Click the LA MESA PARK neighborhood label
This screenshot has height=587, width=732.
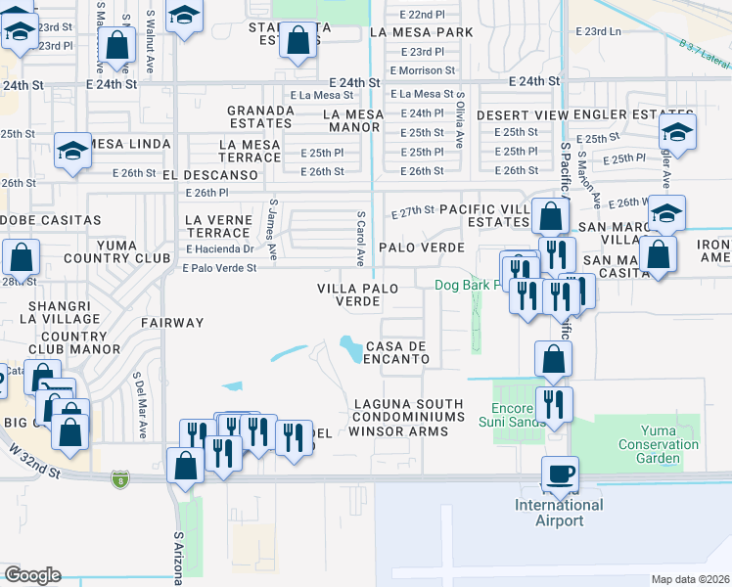tap(421, 32)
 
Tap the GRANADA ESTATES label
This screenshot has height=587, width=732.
tap(260, 117)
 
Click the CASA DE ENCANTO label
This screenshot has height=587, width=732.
tap(397, 353)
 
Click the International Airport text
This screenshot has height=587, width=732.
tap(560, 513)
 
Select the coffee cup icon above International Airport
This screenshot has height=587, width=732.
tap(560, 474)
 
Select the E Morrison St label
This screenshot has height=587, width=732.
tap(422, 70)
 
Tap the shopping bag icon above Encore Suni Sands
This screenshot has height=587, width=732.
tap(554, 359)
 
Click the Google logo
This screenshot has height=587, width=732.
tap(31, 575)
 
